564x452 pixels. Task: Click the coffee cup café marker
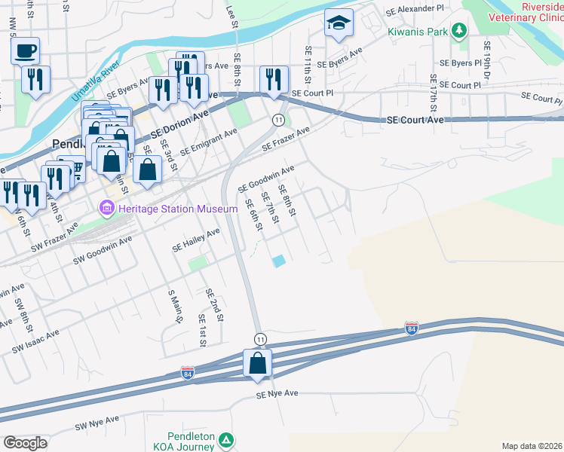tap(25, 51)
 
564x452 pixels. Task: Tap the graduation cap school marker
tap(339, 24)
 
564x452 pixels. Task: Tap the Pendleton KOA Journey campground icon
tap(228, 439)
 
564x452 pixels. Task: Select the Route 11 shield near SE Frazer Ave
tap(278, 121)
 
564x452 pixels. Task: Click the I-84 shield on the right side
tap(411, 328)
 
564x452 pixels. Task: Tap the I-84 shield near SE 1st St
tap(188, 373)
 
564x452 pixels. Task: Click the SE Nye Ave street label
tap(277, 393)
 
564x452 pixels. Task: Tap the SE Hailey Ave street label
tap(196, 240)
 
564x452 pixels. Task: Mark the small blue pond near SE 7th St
tap(279, 261)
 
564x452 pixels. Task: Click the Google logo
tap(26, 442)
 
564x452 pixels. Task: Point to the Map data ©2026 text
tap(532, 446)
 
